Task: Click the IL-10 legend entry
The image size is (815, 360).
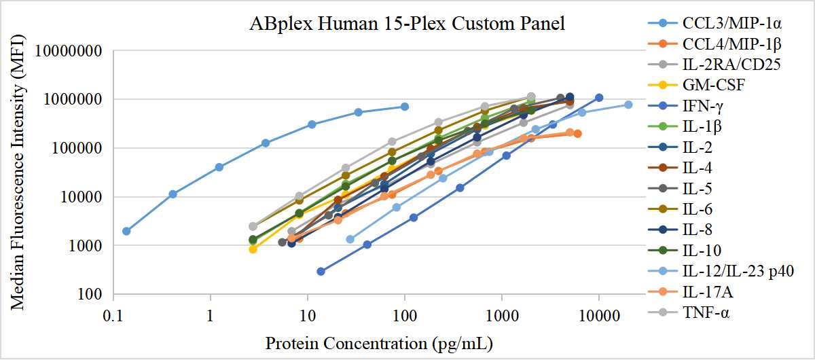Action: (x=702, y=251)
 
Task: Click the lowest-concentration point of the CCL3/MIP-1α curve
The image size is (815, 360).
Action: (x=126, y=231)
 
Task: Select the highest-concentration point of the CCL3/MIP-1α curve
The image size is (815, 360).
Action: (x=405, y=107)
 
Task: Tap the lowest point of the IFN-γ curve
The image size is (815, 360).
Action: (x=321, y=272)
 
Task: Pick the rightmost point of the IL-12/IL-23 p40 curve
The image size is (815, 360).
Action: (x=628, y=105)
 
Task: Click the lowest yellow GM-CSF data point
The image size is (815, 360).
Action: (x=253, y=249)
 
